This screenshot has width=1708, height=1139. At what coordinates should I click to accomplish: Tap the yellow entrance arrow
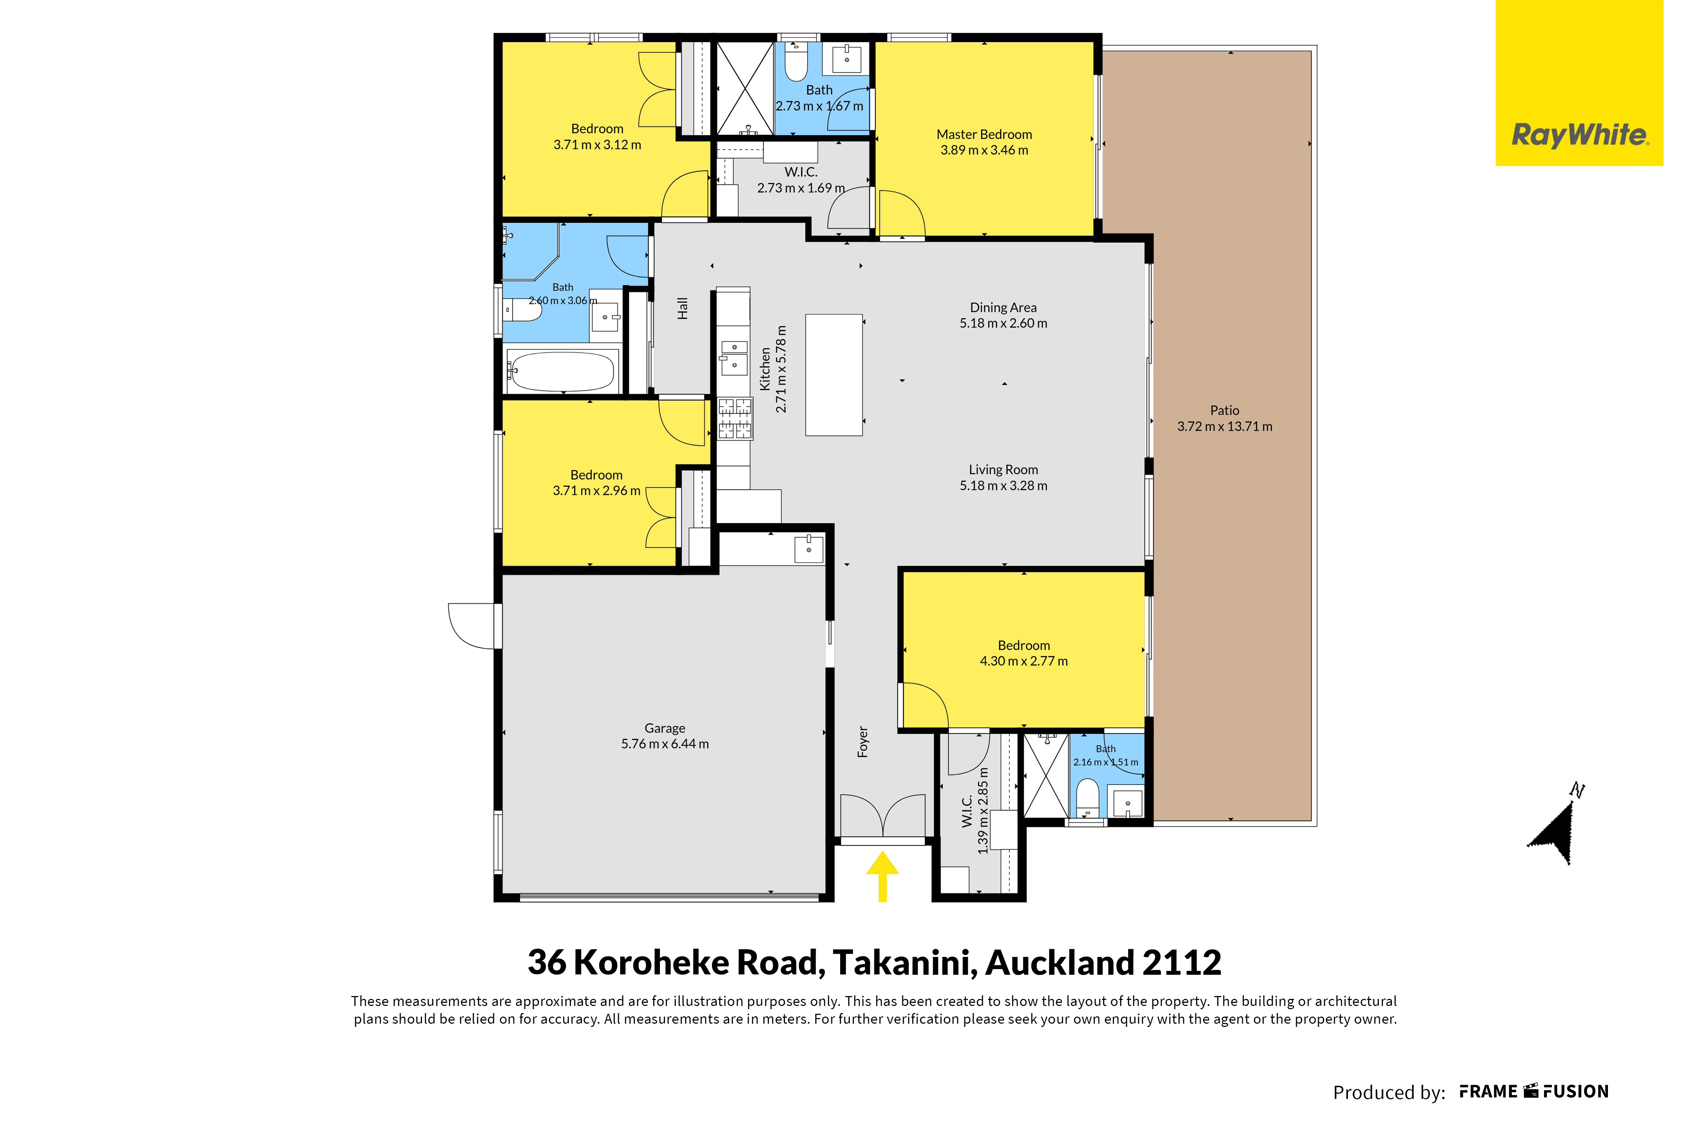(x=883, y=877)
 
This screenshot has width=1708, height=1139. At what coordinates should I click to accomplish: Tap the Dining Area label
(x=1003, y=307)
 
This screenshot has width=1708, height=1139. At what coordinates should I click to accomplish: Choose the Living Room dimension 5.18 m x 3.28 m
(x=1003, y=485)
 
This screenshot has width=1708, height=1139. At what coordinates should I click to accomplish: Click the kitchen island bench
(x=834, y=375)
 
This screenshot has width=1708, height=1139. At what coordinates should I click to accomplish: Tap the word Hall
(x=682, y=308)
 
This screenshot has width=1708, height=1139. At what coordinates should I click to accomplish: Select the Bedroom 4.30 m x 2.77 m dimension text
(x=1024, y=661)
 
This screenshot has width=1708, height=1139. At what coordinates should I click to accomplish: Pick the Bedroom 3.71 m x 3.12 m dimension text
(x=597, y=145)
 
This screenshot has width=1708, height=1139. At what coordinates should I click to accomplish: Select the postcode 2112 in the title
(x=1182, y=962)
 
